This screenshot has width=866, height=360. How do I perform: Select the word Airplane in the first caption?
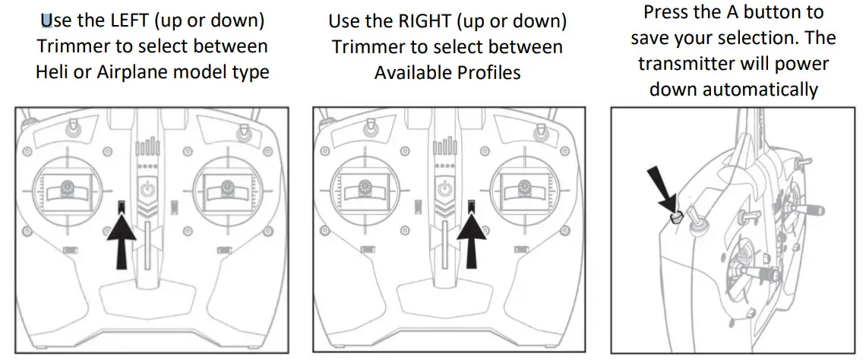pos(133,73)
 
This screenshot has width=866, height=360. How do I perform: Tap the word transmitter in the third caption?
pos(693,64)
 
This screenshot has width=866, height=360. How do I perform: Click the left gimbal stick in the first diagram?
pos(65,185)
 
